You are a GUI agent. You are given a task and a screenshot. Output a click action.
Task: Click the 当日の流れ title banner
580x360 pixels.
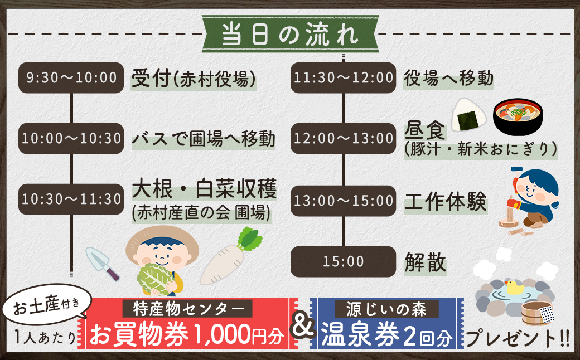289,33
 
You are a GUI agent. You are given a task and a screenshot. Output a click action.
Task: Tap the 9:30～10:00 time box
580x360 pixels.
71,77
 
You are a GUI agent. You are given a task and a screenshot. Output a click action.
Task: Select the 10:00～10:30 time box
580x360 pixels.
71,138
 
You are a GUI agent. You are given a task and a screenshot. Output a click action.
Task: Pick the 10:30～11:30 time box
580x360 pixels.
71,199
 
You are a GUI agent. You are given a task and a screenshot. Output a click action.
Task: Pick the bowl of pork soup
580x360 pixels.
518,119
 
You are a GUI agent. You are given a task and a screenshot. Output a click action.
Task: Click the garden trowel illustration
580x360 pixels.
103,262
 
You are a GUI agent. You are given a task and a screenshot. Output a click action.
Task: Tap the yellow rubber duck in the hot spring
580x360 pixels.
513,288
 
